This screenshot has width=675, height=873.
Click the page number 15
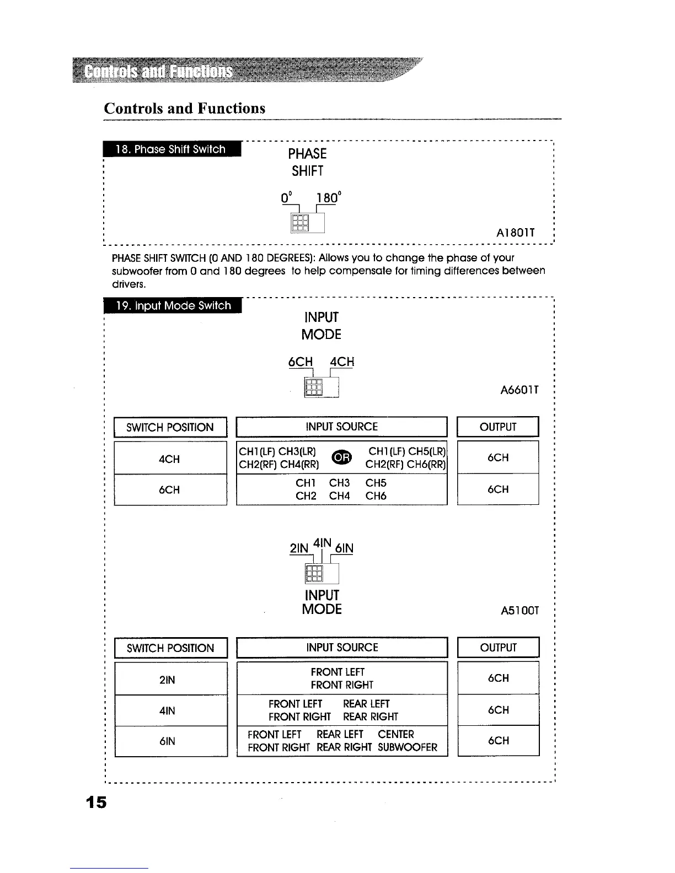coord(95,802)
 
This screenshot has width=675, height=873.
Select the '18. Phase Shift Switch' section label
coord(171,149)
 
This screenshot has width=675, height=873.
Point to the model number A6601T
coord(519,390)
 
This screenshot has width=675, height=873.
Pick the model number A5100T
coord(519,611)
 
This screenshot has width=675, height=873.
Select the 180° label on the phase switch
coord(329,197)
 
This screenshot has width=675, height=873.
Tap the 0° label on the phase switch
coord(286,197)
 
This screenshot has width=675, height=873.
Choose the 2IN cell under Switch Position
coord(167,680)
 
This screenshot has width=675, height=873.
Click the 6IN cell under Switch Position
coord(167,741)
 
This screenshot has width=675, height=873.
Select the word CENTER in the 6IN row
coord(396,734)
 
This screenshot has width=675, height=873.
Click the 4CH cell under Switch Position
coord(169,459)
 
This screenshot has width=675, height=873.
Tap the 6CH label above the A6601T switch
coord(301,362)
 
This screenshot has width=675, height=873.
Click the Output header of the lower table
coord(498,648)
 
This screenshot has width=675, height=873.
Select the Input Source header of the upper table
coord(341,427)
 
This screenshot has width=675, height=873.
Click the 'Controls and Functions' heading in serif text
coord(185,108)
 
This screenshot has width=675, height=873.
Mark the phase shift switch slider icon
coord(299,223)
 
